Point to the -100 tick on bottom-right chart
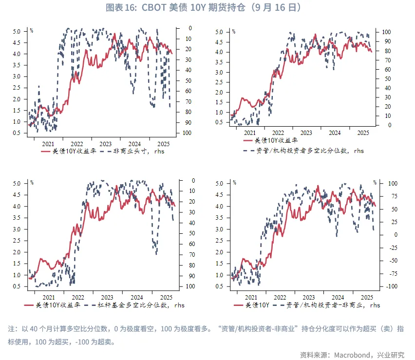(378, 286)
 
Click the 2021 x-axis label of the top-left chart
(48, 144)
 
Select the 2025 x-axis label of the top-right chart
(362, 133)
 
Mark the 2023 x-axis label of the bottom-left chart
(106, 297)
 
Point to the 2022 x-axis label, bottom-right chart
(280, 297)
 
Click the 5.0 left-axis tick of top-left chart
(16, 32)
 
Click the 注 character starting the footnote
(12, 329)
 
